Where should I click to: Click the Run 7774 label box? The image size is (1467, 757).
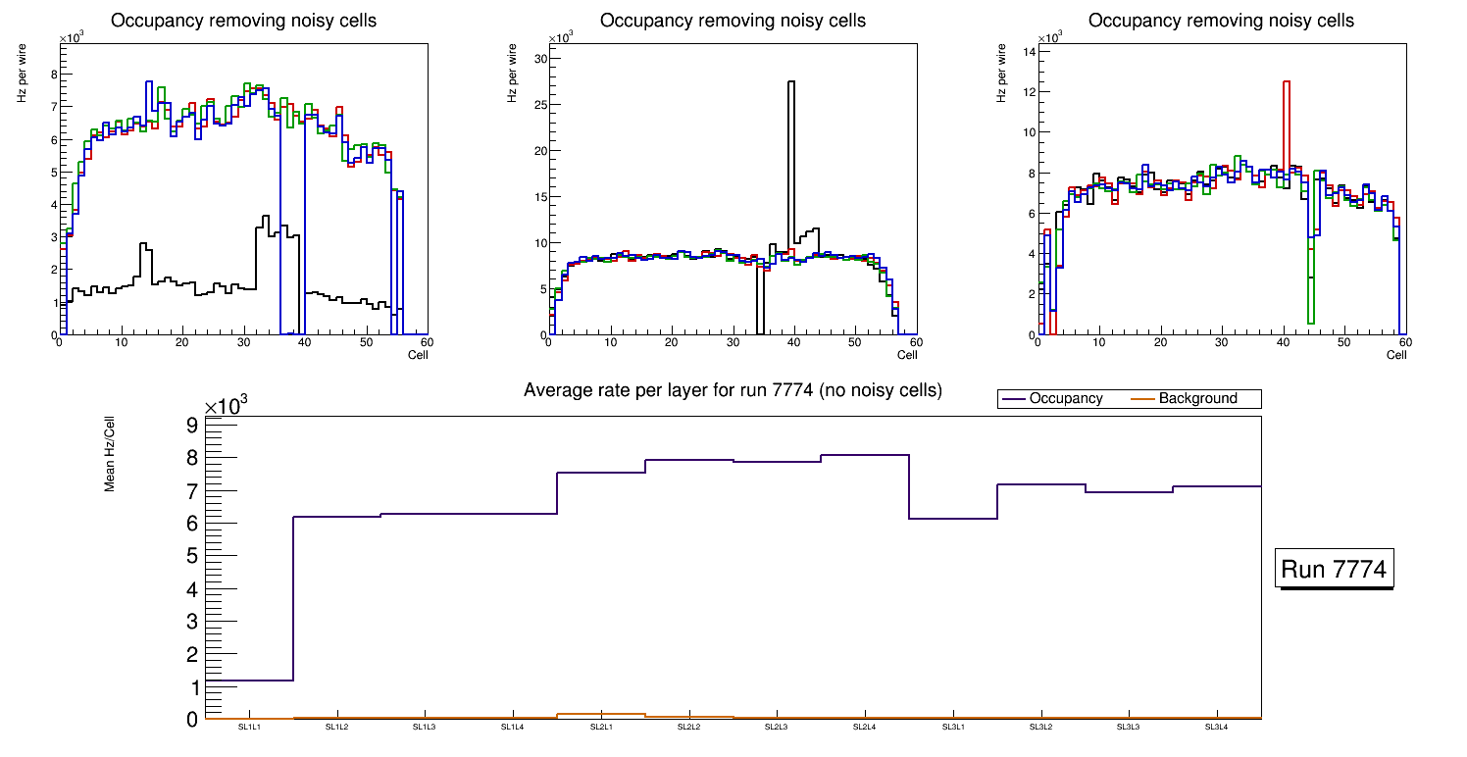click(1334, 569)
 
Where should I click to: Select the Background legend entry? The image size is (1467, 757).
click(1197, 399)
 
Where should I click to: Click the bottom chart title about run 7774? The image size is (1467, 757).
click(733, 390)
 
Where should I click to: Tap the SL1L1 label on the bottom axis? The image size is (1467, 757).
click(249, 727)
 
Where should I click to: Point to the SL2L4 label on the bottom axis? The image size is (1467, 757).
click(864, 727)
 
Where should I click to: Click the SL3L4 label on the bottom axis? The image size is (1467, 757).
click(1216, 727)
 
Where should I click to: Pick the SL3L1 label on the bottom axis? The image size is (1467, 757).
click(952, 727)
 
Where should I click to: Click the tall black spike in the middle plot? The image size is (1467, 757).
click(791, 147)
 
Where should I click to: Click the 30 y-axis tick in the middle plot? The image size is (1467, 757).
click(538, 59)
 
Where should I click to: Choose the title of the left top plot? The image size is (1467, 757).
click(243, 21)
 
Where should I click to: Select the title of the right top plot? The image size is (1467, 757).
click(1221, 21)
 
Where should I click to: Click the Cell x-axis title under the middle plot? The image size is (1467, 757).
click(906, 355)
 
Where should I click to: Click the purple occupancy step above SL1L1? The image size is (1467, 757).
click(250, 681)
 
